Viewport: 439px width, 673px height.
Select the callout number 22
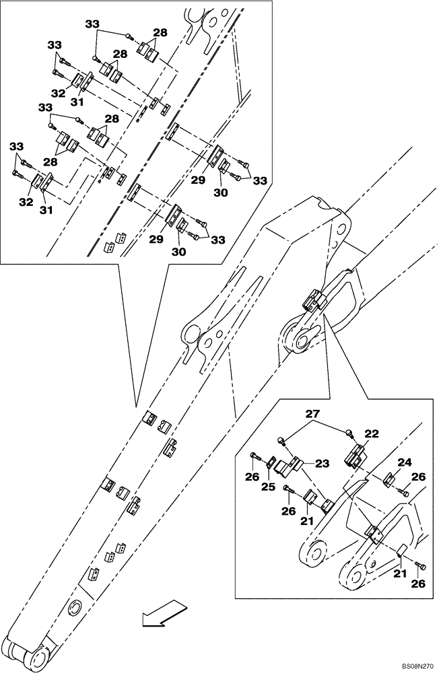371,435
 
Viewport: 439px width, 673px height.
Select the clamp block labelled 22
354,458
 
